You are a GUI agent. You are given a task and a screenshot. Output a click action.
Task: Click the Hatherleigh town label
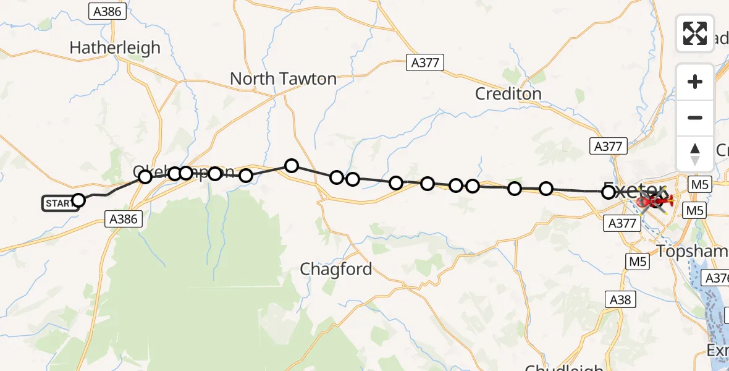pyautogui.click(x=115, y=48)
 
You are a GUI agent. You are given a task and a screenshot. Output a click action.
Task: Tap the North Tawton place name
pyautogui.click(x=283, y=79)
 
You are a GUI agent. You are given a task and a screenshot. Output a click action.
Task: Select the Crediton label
pyautogui.click(x=508, y=94)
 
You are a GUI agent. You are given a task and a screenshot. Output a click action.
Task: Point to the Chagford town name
pyautogui.click(x=335, y=269)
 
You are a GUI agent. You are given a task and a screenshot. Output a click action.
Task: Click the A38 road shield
pyautogui.click(x=620, y=299)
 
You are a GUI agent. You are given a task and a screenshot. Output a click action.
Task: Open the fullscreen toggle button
pyautogui.click(x=695, y=33)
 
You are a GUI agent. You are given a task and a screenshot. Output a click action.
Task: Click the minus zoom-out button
pyautogui.click(x=695, y=117)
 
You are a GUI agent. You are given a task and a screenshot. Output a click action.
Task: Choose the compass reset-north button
pyautogui.click(x=695, y=153)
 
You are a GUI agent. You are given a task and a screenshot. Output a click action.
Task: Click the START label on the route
pyautogui.click(x=59, y=203)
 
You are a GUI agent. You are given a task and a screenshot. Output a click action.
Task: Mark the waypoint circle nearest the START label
pyautogui.click(x=78, y=200)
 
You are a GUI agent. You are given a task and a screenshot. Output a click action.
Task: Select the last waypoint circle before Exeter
pyautogui.click(x=609, y=192)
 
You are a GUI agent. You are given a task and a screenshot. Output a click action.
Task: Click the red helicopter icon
pyautogui.click(x=654, y=201)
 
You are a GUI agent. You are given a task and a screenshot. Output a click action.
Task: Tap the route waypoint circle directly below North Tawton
pyautogui.click(x=292, y=165)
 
